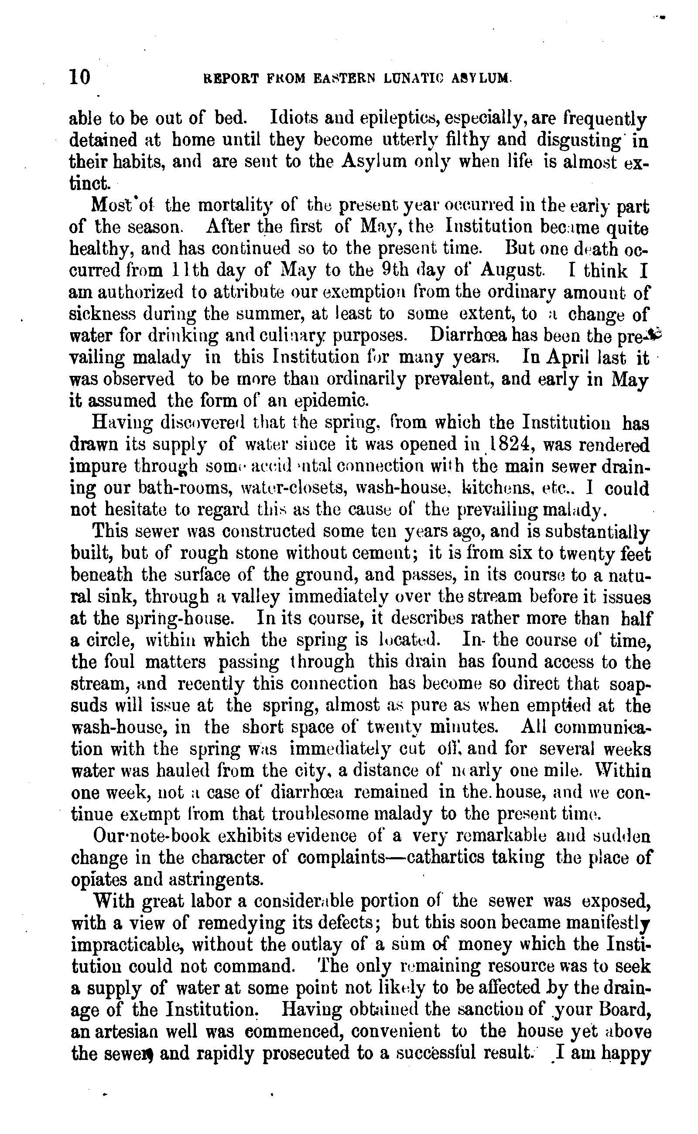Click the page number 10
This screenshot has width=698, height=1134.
[79, 77]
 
